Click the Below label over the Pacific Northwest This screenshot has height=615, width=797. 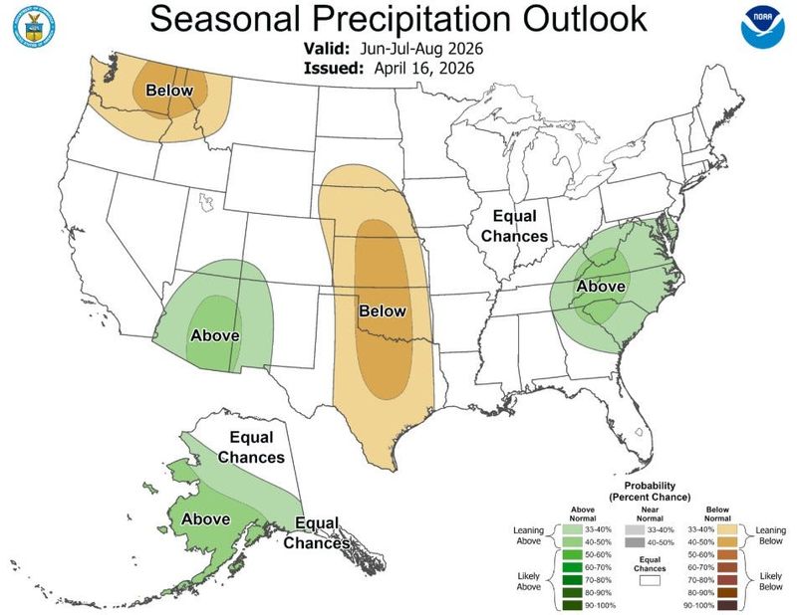point(169,91)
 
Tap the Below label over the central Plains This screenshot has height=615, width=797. point(383,310)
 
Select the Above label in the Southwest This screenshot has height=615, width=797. point(214,334)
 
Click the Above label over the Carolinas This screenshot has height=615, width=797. point(600,287)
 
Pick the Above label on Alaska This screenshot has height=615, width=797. point(205,518)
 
